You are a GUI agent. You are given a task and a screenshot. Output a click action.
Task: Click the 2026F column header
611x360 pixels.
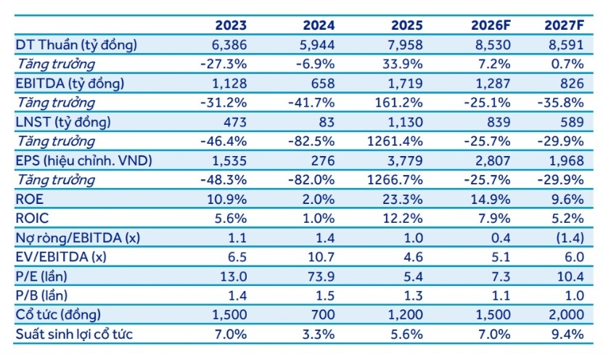coord(491,25)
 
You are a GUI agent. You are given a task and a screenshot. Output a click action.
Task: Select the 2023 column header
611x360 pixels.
coord(231,25)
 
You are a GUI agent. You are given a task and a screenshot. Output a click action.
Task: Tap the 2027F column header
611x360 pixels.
coord(565,25)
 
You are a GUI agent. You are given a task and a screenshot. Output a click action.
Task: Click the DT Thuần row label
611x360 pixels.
coord(76,45)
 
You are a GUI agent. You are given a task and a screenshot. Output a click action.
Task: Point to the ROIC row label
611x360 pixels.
coord(32,218)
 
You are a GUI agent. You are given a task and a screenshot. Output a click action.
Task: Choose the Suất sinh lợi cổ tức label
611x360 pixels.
coord(74,334)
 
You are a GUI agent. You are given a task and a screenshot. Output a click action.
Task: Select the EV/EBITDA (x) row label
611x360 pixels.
coord(61,257)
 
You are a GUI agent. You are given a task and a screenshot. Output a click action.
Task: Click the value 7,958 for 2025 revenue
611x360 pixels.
coord(405,45)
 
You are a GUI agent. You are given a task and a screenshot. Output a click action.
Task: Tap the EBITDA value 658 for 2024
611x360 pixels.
coord(323,83)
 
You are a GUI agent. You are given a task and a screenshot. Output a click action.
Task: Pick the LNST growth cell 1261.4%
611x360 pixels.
coord(395,141)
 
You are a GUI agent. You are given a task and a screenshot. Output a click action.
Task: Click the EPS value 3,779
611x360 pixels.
coord(405,160)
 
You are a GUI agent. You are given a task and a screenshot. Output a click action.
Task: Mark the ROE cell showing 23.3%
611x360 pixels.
coord(402,199)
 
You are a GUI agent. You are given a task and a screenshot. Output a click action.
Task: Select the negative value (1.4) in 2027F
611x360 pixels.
coord(570,237)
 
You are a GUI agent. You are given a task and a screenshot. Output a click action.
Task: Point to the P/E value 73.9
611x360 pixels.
coord(321,277)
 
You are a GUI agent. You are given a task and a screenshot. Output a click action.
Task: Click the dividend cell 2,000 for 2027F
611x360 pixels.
coord(567,315)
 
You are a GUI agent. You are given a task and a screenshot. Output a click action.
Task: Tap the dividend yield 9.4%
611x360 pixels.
coord(567,334)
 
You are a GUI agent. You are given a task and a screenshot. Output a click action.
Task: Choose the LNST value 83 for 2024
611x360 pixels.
coord(327,122)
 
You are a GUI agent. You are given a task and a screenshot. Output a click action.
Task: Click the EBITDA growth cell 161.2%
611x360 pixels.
coord(398,102)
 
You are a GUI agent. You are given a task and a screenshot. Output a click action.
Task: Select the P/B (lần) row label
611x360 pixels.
coord(41,295)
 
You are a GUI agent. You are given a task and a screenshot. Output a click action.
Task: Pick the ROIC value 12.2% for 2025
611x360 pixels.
coord(402,218)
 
